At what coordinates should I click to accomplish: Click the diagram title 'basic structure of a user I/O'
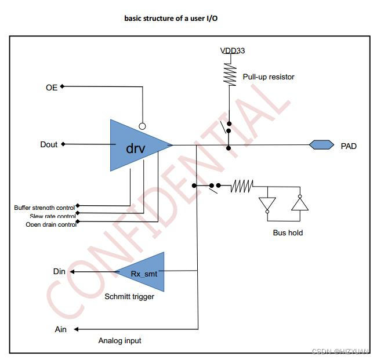point(171,18)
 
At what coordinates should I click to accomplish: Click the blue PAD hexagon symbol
point(321,145)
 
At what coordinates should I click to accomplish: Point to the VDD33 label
point(232,51)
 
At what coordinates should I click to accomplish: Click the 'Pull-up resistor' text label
point(269,77)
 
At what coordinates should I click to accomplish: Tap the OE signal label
point(52,88)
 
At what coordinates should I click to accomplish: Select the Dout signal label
point(49,144)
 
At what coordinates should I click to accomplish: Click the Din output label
point(60,271)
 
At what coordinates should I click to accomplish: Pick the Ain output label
point(60,329)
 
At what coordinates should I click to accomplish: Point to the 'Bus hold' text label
point(288,232)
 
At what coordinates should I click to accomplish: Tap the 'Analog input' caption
point(119,340)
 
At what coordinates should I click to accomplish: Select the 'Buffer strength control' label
point(45,207)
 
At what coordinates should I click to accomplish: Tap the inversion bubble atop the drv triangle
point(142,125)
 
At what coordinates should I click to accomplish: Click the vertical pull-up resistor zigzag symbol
point(230,74)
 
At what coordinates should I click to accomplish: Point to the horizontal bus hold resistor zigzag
point(242,186)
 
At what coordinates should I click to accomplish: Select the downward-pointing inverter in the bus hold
point(267,205)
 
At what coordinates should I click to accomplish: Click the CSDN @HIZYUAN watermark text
point(340,351)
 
